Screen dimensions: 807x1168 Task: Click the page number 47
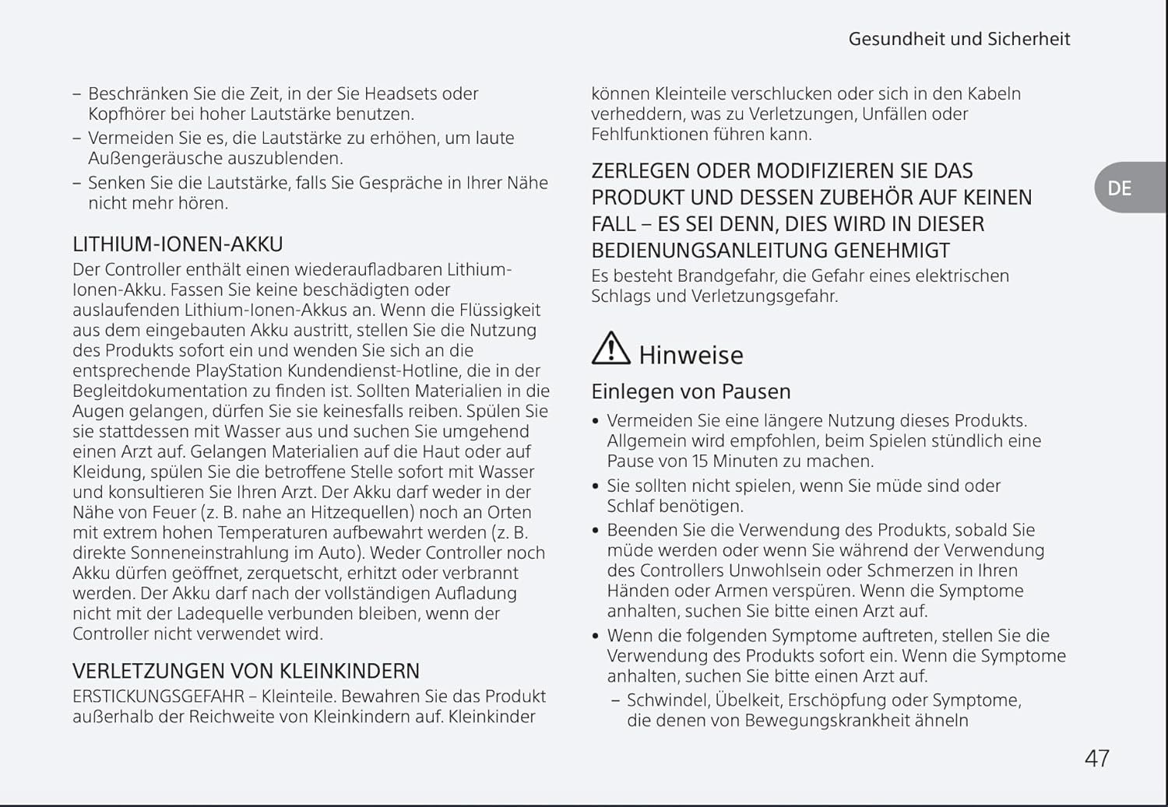click(1096, 758)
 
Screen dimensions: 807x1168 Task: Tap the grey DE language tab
click(1120, 188)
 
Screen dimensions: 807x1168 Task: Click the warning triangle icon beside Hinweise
click(610, 349)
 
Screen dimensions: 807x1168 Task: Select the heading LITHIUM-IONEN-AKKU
click(178, 244)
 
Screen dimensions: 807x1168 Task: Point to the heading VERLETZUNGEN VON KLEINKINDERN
click(246, 671)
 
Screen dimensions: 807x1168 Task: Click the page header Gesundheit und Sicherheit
click(959, 39)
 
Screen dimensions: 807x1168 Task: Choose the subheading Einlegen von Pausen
click(691, 391)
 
